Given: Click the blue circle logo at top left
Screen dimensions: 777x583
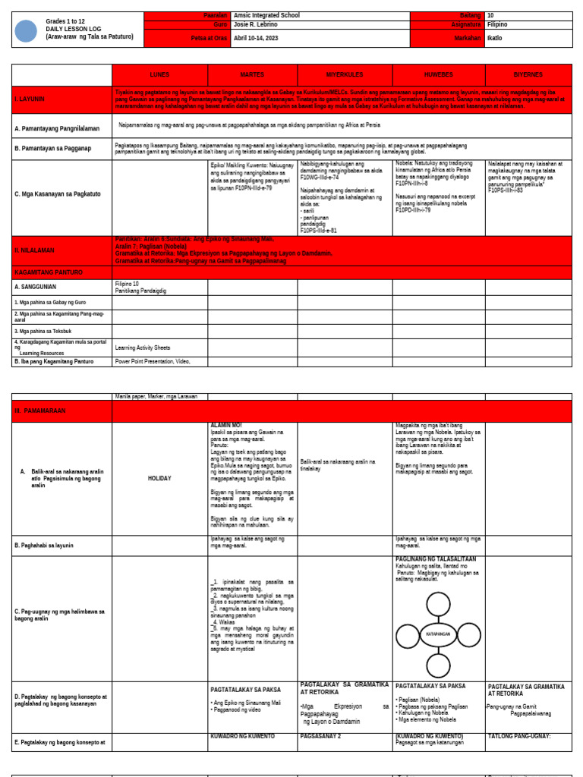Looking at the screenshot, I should pos(26,31).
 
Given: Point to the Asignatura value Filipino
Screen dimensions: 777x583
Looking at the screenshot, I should pos(498,24).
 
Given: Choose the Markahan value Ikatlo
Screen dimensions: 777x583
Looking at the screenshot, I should pos(495,38).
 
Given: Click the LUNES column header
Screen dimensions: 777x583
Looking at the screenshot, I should pos(159,75).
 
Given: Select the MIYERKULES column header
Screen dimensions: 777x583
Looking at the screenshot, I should pos(345,75).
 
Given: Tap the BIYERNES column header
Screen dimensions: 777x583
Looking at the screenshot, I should pos(528,75).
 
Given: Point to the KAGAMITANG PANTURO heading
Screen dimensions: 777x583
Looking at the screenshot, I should pos(49,272).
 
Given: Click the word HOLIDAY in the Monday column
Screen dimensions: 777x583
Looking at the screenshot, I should pos(159,479).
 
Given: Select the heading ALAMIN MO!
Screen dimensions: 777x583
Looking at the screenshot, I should pos(226,426).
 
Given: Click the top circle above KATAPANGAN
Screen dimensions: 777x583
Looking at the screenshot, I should pos(438,604).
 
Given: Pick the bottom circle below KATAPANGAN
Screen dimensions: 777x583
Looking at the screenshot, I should pos(438,665).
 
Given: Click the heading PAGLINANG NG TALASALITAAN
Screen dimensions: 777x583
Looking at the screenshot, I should pos(436,559).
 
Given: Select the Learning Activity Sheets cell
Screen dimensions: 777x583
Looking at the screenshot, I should pos(142,348).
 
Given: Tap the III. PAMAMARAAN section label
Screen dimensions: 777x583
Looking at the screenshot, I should pos(40,411).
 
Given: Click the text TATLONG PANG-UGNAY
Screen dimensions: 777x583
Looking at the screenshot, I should pos(519,736).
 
